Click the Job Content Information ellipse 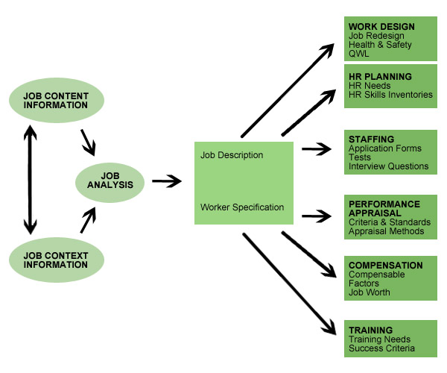(x=56, y=99)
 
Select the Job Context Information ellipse (x=56, y=260)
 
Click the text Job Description (x=232, y=155)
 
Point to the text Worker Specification (x=242, y=207)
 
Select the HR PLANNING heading (x=380, y=77)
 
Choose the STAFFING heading (x=371, y=139)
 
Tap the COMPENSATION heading (x=385, y=265)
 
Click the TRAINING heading (x=370, y=330)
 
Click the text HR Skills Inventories (x=390, y=95)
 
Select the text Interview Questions (x=388, y=166)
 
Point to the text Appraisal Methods (x=386, y=231)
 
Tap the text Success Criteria (x=381, y=348)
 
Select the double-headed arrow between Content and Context (x=29, y=180)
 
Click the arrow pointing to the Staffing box (x=315, y=149)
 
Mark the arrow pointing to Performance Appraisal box (x=315, y=216)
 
